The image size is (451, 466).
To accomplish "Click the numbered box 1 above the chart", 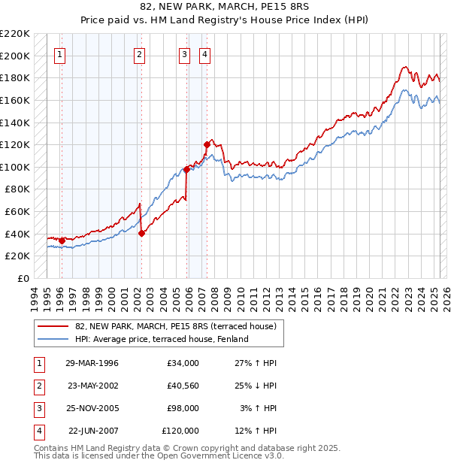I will coord(59,53).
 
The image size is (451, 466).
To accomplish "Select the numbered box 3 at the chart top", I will coord(184,53).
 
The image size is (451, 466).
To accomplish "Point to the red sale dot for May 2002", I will coord(141,233).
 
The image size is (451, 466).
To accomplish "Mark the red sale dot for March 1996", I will coord(62,241).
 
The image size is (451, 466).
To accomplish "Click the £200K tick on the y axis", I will coord(16,56).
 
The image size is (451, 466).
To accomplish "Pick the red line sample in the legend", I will coord(53,326).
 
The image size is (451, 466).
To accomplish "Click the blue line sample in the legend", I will coord(53,339).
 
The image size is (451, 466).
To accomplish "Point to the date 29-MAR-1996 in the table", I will coord(92,363).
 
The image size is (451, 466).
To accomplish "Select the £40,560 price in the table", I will coord(180,386).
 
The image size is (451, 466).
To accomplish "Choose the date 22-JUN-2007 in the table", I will coord(93,431).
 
